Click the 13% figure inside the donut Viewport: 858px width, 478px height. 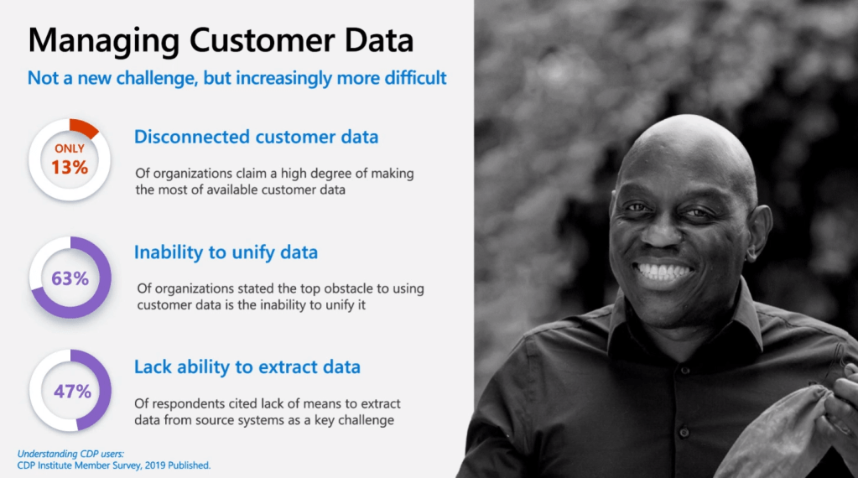(70, 167)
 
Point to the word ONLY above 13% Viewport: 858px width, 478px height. (70, 148)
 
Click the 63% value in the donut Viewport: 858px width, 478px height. (70, 278)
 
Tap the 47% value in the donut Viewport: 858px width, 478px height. (72, 391)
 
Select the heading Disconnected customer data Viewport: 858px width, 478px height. (256, 137)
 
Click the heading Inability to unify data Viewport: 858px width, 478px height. (226, 252)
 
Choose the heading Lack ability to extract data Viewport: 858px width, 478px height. (247, 367)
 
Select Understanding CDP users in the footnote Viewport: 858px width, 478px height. (70, 454)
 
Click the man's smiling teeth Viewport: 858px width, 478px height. (663, 271)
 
